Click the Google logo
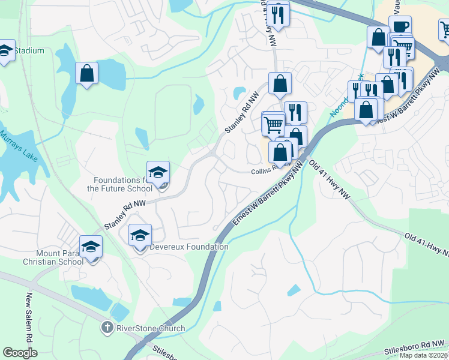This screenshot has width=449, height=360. [20, 353]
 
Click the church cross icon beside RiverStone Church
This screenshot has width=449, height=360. [106, 328]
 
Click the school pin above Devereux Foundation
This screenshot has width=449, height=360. [140, 236]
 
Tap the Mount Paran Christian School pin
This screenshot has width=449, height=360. [91, 247]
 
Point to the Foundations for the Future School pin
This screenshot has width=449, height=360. [158, 173]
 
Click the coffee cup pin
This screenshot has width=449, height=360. [400, 27]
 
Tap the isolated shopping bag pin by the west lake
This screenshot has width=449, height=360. [87, 74]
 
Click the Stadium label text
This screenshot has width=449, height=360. [29, 50]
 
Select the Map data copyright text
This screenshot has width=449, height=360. [423, 355]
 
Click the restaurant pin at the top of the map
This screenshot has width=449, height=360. [278, 14]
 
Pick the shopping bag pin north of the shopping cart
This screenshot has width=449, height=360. [280, 85]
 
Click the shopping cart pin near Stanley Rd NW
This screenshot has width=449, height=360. [273, 125]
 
